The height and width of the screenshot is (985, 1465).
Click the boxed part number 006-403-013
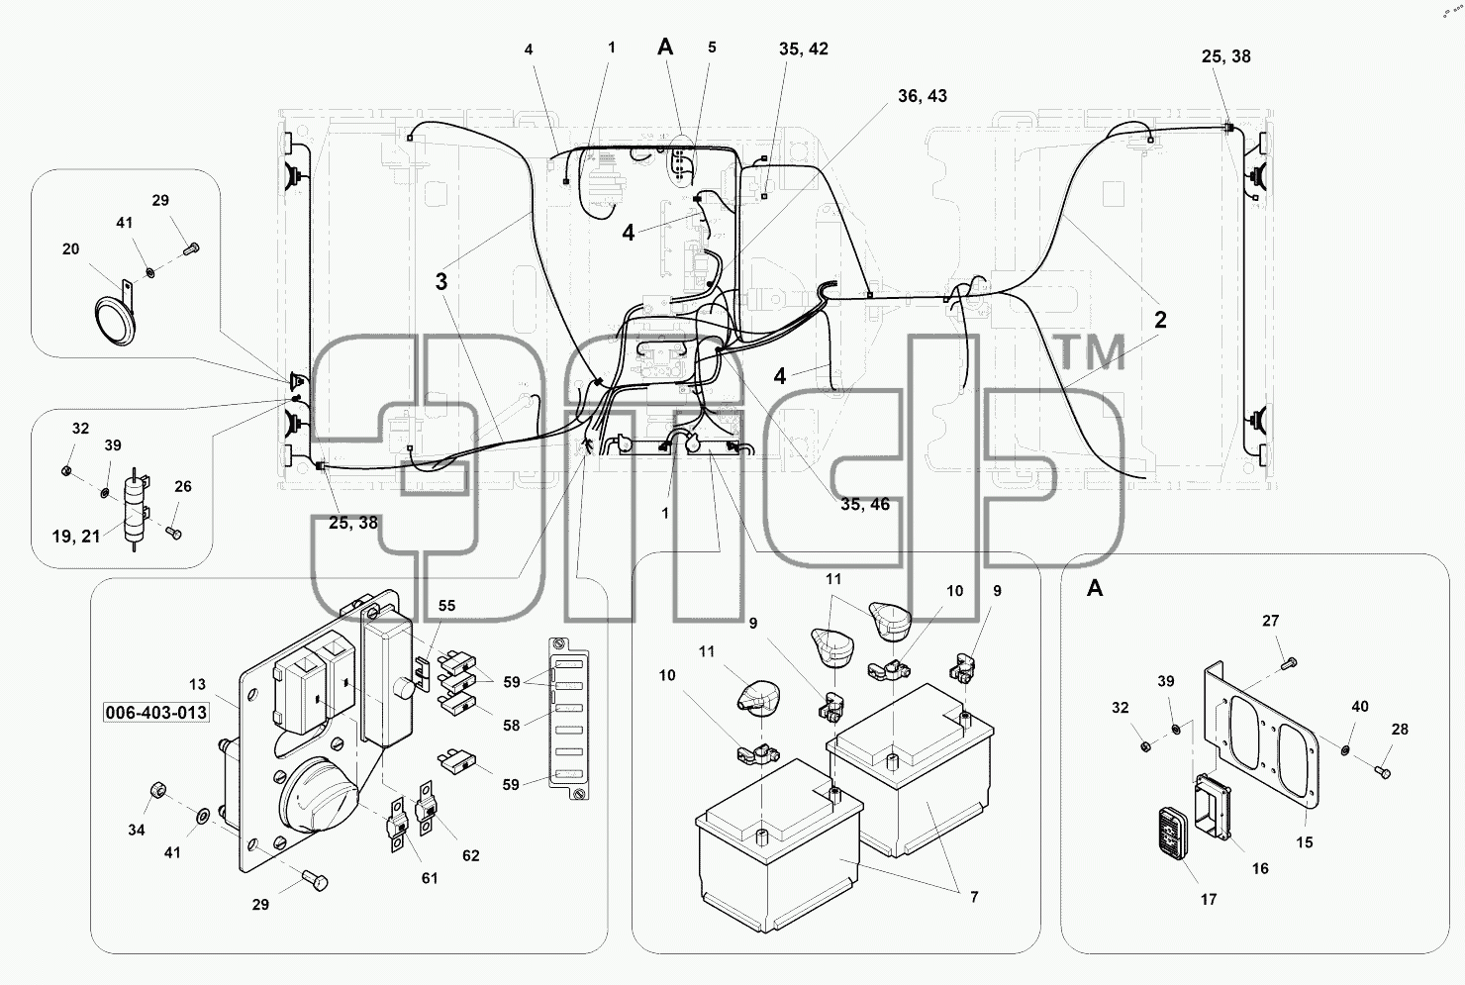pyautogui.click(x=155, y=712)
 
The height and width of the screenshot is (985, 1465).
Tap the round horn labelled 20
pyautogui.click(x=115, y=321)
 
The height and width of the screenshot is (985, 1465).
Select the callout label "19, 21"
pyautogui.click(x=76, y=537)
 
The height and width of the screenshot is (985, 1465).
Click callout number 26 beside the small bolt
pyautogui.click(x=183, y=486)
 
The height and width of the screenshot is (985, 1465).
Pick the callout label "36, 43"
pyautogui.click(x=923, y=95)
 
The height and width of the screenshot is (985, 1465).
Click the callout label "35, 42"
pyautogui.click(x=803, y=49)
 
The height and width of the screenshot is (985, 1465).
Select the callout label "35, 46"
pyautogui.click(x=864, y=504)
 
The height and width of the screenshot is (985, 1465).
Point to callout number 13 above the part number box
pyautogui.click(x=198, y=684)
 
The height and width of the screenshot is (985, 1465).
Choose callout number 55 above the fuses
pyautogui.click(x=446, y=606)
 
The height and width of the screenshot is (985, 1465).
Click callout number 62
pyautogui.click(x=471, y=855)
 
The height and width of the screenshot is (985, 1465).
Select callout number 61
pyautogui.click(x=429, y=878)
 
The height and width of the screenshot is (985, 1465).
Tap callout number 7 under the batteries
pyautogui.click(x=974, y=897)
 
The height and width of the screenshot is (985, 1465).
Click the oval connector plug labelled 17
pyautogui.click(x=1174, y=833)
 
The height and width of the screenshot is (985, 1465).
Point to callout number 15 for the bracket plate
pyautogui.click(x=1304, y=842)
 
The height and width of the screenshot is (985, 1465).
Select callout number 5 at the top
pyautogui.click(x=712, y=48)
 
